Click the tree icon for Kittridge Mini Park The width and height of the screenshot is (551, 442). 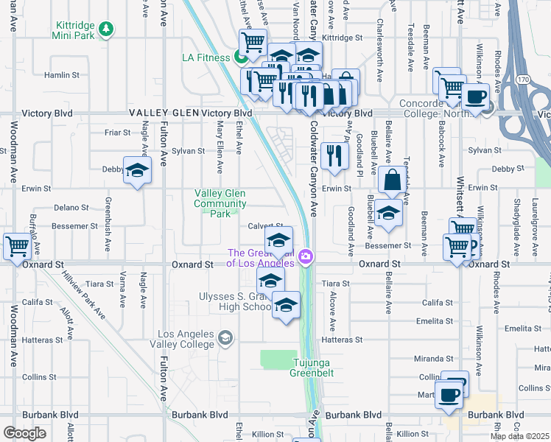[108, 29]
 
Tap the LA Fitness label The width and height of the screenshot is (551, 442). [206, 57]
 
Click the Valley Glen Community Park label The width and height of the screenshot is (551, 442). [220, 203]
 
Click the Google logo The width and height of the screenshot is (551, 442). [24, 433]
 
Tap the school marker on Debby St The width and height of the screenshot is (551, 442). [137, 171]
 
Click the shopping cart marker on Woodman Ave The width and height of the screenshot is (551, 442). [17, 246]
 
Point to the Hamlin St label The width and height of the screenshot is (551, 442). [61, 75]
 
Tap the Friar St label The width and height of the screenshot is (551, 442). [117, 133]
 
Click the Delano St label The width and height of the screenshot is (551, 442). [71, 208]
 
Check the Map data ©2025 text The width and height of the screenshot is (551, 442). [520, 436]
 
